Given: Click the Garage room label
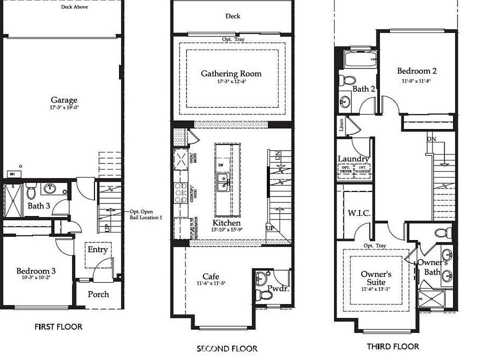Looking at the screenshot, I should click(x=63, y=99).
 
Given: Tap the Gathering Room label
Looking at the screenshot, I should click(x=231, y=73).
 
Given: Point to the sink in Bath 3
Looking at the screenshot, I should click(x=50, y=188).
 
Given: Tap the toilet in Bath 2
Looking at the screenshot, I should click(x=347, y=79).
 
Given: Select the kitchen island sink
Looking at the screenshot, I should click(x=223, y=183).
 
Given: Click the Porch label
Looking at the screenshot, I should click(x=98, y=294).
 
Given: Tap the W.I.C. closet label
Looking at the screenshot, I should click(x=358, y=213).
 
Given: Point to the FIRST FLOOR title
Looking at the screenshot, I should click(x=58, y=327).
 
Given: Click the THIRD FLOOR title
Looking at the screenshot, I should click(x=392, y=346).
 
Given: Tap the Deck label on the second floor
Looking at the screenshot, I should click(x=232, y=16).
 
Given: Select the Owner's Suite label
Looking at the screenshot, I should click(x=375, y=278).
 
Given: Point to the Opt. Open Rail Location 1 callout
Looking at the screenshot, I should click(x=142, y=214).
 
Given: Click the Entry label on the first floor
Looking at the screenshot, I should click(x=97, y=249).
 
